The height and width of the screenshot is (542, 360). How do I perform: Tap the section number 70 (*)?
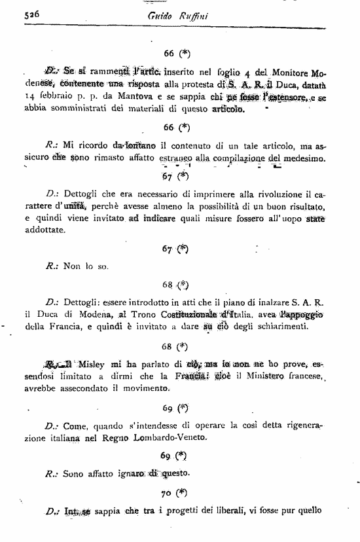(x=174, y=491)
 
